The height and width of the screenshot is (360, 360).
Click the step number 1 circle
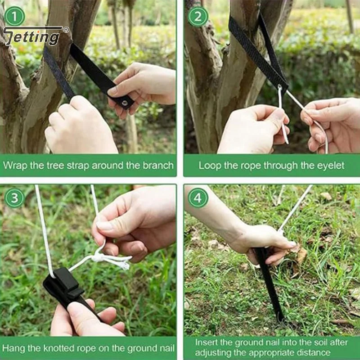click(14, 16)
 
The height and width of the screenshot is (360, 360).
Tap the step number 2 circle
click(198, 16)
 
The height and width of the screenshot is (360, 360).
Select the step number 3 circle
click(14, 198)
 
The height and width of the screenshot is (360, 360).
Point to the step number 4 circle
click(198, 198)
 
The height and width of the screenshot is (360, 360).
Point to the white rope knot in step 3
click(99, 257)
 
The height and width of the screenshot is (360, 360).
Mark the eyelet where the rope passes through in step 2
click(279, 87)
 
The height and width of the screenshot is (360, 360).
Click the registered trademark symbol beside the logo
click(66, 30)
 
